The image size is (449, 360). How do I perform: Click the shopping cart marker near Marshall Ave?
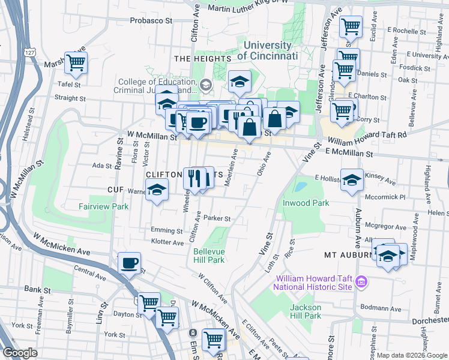[x=76, y=62]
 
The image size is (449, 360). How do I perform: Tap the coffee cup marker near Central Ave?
[x=129, y=263]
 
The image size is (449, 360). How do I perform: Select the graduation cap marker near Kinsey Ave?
[x=352, y=179]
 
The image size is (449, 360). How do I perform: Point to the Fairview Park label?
[x=103, y=206]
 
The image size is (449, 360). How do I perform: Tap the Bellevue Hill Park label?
[x=208, y=256]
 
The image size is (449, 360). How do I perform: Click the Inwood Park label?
[x=306, y=203]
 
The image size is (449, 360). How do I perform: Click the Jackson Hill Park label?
[x=306, y=311]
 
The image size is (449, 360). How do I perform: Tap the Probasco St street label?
[x=151, y=20]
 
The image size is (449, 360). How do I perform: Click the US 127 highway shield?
[x=31, y=52]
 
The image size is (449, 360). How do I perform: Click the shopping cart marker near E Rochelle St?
[x=351, y=26]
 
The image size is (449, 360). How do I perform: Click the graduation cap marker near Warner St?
[x=157, y=190]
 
